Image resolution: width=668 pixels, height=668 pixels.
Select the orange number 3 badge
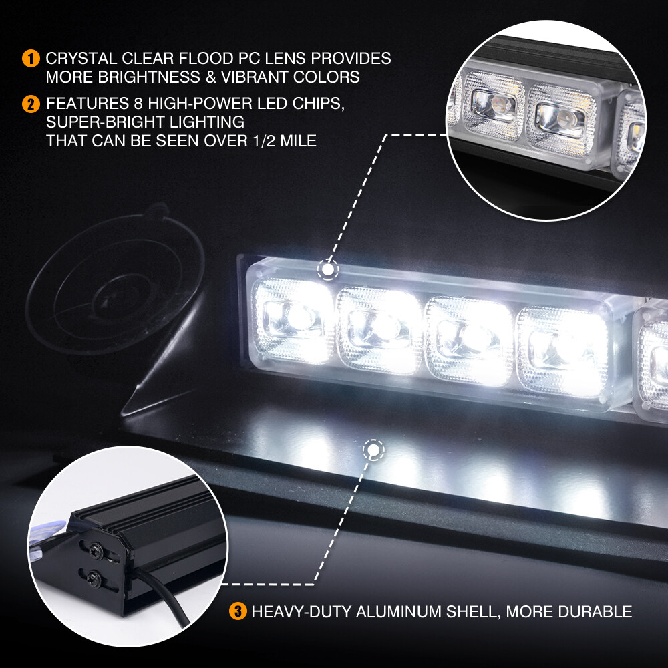coord(238,611)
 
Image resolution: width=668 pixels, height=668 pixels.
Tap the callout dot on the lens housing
coord(328,270)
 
